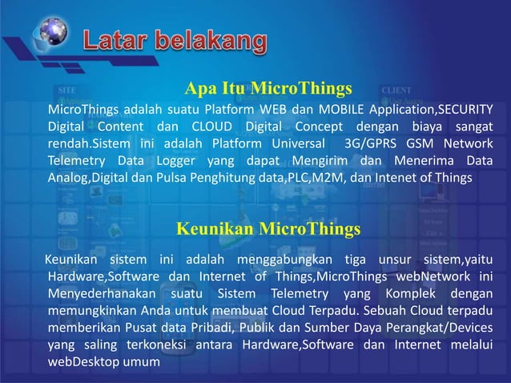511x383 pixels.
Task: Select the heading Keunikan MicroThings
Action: pyautogui.click(x=268, y=230)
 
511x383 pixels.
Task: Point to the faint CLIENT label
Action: pyautogui.click(x=396, y=89)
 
